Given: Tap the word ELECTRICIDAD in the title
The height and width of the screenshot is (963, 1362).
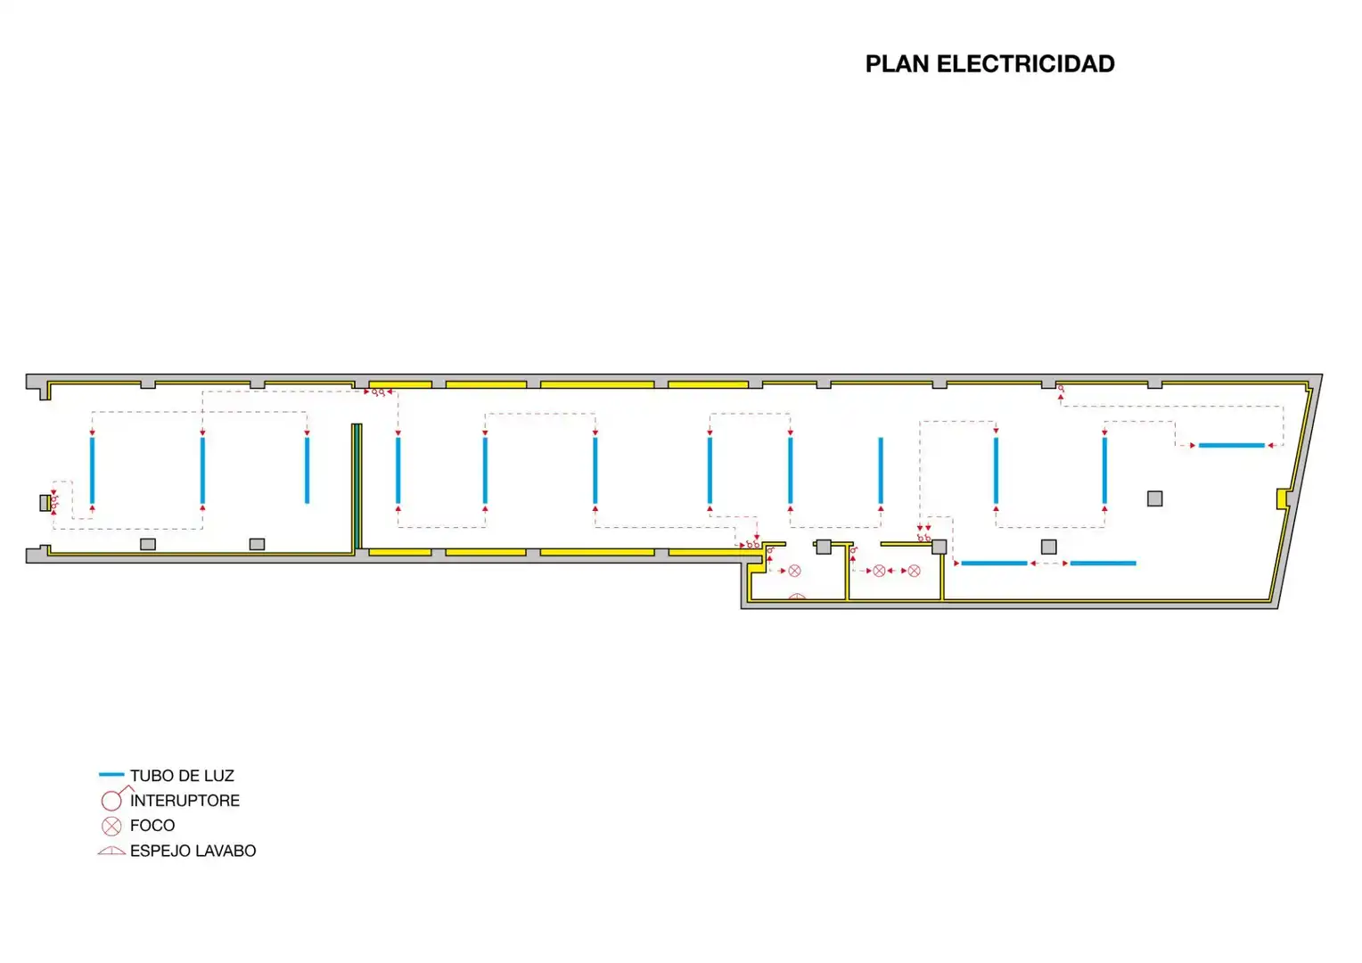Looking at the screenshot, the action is pos(1026,64).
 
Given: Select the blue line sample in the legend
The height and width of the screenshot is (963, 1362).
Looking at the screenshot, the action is pos(111,775).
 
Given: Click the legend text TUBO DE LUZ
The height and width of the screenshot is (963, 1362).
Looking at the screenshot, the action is pos(182,776).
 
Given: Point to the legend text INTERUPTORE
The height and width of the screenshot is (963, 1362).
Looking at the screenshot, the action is pos(185,801).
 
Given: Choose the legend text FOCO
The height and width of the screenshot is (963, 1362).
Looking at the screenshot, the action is pos(152,826).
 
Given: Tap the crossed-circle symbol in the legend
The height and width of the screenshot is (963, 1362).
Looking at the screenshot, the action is pos(111,826).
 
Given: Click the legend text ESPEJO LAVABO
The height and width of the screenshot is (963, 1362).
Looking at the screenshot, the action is pos(193,851).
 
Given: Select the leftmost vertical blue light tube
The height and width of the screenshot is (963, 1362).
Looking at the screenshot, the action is pos(93,470).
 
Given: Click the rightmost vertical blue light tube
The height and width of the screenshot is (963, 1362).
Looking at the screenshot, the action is pos(1104,470).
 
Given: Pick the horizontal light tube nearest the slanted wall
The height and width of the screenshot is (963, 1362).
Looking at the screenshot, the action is pos(1231,445).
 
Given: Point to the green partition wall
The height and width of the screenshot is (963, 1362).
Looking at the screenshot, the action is pos(357,487).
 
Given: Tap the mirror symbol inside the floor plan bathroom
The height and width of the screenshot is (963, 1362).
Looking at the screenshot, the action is pos(797,597).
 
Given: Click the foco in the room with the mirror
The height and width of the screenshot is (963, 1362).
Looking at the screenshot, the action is pos(795,571).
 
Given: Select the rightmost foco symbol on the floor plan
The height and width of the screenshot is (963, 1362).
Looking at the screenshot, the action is pos(914,571).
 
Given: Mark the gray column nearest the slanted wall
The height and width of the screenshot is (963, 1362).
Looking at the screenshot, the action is pos(1154,498).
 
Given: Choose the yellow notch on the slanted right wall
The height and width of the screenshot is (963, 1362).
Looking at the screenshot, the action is pos(1282,498).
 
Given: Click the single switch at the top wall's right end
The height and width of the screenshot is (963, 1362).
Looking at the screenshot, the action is pos(1061,389).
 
